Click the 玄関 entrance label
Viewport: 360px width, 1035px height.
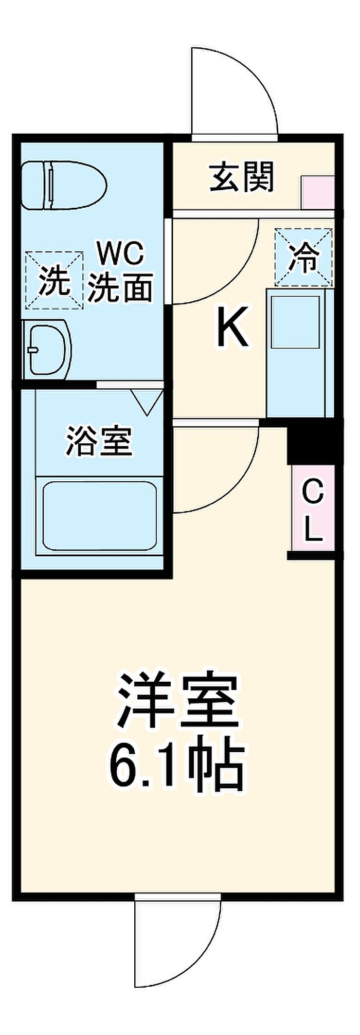(242, 177)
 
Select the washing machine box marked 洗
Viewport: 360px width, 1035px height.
(55, 280)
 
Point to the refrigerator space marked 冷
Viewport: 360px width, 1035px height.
(303, 257)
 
